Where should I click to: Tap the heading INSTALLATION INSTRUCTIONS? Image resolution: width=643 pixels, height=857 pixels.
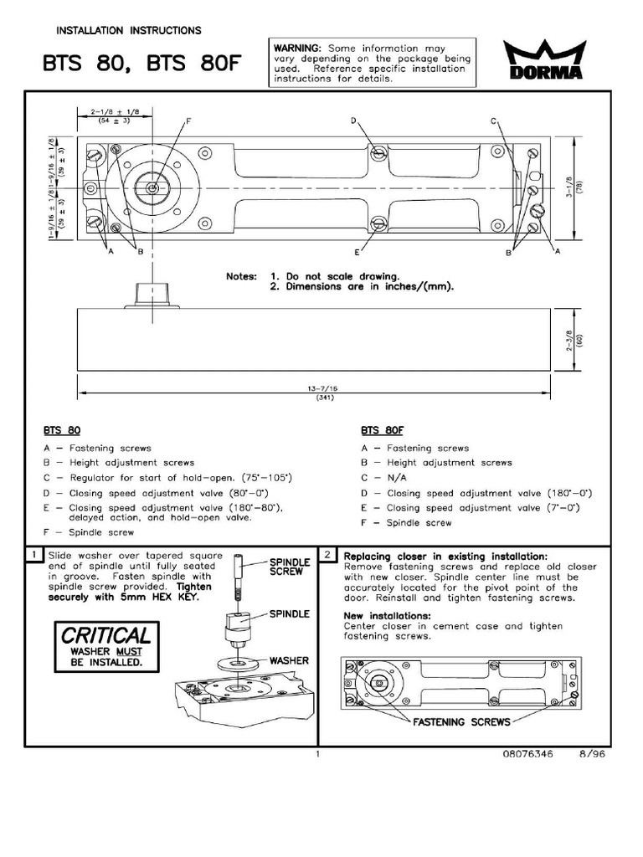coord(128,31)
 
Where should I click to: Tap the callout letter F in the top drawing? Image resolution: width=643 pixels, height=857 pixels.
coord(189,122)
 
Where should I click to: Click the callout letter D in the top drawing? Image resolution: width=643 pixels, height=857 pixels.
coord(354,122)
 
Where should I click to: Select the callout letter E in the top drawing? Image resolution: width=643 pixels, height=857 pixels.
coord(357,252)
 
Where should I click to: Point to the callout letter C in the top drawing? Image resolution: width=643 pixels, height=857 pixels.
coord(495,122)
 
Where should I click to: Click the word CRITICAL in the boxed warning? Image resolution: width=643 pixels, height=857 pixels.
coord(105,635)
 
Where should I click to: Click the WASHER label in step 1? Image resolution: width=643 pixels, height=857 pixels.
coord(289,661)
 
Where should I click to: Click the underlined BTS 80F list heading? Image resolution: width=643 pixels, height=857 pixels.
coord(383,430)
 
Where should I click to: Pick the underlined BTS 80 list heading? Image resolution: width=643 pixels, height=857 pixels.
coord(60,430)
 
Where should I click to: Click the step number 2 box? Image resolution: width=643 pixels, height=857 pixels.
coord(330,555)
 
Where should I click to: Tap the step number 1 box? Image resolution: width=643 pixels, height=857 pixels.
coord(33,555)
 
